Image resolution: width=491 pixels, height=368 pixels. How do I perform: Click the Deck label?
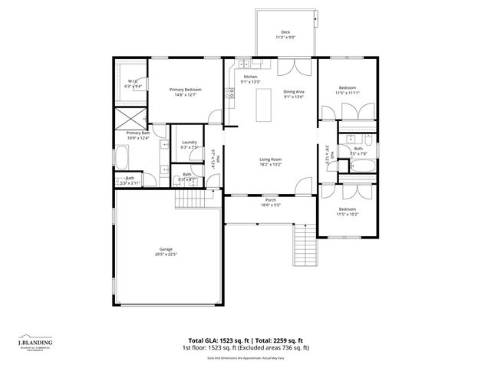click(285, 31)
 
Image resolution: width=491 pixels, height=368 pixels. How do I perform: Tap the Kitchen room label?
click(251, 77)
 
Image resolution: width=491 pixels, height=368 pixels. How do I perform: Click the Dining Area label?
click(295, 92)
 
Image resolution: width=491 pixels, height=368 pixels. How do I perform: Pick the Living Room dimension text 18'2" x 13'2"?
click(271, 164)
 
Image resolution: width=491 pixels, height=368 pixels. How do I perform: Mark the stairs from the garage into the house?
click(188, 201)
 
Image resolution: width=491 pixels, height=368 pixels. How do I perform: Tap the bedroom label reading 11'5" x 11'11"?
click(348, 90)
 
